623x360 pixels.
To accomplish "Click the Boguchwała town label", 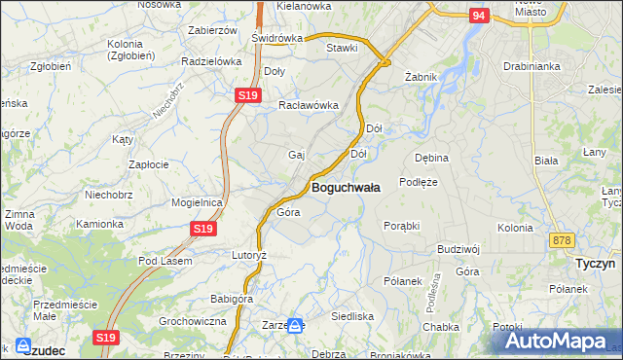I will [345, 187].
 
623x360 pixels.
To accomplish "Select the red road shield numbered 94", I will [477, 16].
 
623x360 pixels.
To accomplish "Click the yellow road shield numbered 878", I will [560, 240].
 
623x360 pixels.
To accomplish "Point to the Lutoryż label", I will [248, 254].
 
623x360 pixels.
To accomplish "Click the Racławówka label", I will [308, 105].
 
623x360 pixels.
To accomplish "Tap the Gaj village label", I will [297, 155].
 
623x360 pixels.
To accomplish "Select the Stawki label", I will [342, 47].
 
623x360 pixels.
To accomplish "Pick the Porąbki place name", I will [401, 226].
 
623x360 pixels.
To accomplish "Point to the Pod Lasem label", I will [165, 261].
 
